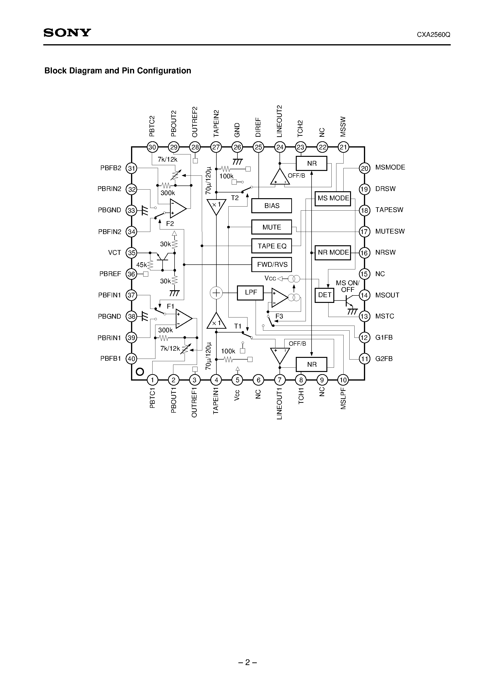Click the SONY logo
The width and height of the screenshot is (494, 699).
pos(67,33)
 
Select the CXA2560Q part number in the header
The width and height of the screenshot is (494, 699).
pos(434,35)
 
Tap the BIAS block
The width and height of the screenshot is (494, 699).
pos(271,206)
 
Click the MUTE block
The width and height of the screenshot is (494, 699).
pos(271,227)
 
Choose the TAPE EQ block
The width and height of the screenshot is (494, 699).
pos(271,246)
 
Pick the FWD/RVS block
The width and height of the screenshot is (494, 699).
pos(271,265)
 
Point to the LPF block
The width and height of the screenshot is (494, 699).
pos(250,293)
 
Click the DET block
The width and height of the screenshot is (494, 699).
pos(324,295)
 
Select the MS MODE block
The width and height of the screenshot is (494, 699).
pos(333,198)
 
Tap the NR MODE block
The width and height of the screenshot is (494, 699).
pos(333,253)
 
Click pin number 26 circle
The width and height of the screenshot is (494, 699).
pos(237,147)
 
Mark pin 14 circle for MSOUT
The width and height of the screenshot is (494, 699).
pos(365,295)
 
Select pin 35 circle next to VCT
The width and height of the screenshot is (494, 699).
pos(132,253)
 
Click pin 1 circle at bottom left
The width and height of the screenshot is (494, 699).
pos(152,380)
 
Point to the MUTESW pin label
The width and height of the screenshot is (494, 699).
pos(390,231)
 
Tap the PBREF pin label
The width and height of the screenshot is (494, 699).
pos(110,274)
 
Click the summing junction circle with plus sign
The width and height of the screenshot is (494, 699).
pos(216,293)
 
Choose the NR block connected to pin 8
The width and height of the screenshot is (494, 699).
pos(311,364)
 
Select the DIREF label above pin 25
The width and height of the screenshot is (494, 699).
pos(258,127)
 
